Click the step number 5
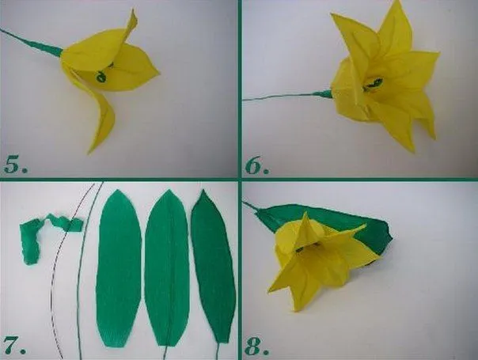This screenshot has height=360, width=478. coord(16,165)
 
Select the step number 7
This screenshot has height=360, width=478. coord(14,345)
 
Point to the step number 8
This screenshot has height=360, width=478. coord(257,346)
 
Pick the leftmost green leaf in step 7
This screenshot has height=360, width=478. coord(119,268)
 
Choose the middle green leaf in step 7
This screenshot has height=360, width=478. coord(167,268)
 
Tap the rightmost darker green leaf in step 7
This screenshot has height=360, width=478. coord(214,265)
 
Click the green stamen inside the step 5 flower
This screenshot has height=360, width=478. coord(102,76)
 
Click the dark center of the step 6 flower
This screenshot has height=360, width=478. coord(374,83)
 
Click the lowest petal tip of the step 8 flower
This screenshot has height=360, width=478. coord(295,310)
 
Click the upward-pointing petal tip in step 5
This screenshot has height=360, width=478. coord(134,10)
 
